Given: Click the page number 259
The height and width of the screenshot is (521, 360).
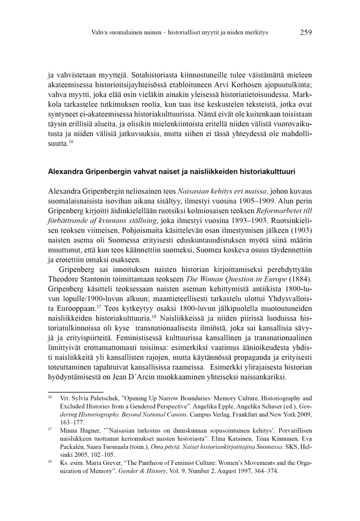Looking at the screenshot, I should (x=305, y=32).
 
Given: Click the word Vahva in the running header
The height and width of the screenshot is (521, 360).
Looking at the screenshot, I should (x=100, y=33).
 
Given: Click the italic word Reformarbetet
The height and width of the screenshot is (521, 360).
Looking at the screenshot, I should (x=260, y=210).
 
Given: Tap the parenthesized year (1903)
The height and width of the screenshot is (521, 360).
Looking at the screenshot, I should (x=301, y=230).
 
